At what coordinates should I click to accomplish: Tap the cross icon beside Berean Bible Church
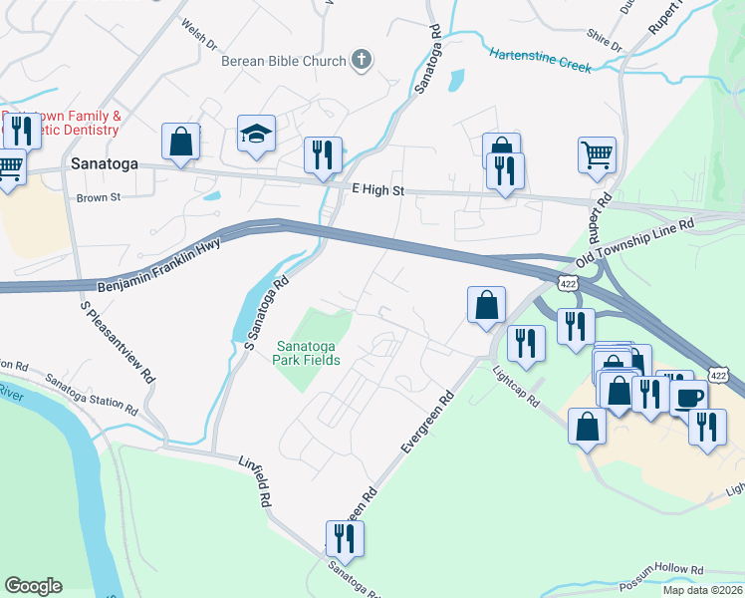pyautogui.click(x=361, y=61)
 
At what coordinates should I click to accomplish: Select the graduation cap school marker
pyautogui.click(x=256, y=135)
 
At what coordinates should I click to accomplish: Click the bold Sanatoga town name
pyautogui.click(x=103, y=163)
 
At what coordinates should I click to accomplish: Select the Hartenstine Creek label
pyautogui.click(x=541, y=60)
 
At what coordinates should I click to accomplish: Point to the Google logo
pyautogui.click(x=33, y=586)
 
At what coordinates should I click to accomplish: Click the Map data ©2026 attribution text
pyautogui.click(x=702, y=590)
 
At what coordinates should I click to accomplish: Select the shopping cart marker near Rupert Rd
pyautogui.click(x=597, y=154)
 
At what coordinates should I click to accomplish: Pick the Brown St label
pyautogui.click(x=98, y=197)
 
